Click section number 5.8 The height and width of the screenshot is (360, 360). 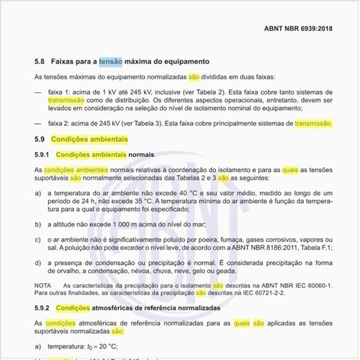pyautogui.click(x=40, y=63)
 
